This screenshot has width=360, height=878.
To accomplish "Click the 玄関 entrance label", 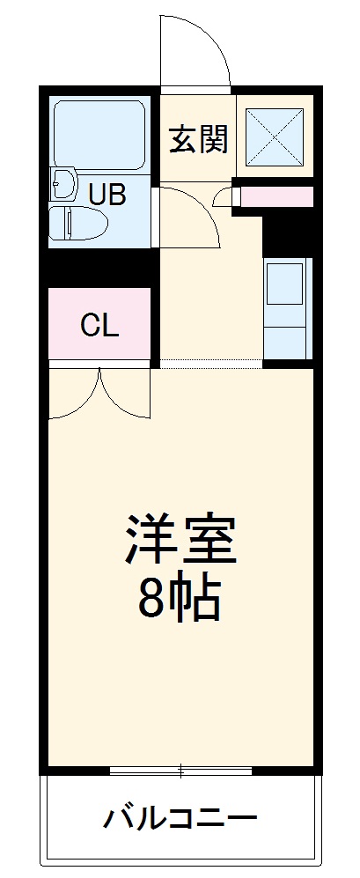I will point(199,138).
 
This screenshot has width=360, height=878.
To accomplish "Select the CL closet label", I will point(99,326).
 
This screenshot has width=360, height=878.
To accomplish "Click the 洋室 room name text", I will point(180,540).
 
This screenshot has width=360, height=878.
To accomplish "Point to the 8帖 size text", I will point(180,601).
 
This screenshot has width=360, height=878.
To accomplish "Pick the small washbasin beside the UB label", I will point(65,184).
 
